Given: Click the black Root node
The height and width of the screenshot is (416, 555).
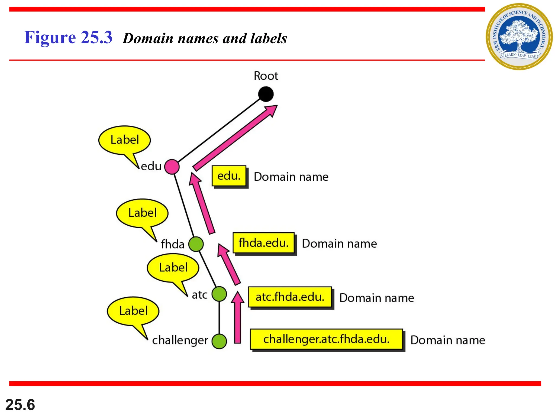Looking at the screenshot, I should click(266, 94).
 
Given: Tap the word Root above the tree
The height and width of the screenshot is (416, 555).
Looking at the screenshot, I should click(266, 76).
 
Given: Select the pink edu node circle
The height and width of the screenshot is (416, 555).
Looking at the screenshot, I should click(172, 167).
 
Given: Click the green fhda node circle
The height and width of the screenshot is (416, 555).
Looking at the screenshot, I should click(196, 244).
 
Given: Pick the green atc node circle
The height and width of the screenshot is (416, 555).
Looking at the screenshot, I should click(219, 294).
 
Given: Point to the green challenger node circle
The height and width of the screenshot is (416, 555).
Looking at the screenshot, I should click(219, 341).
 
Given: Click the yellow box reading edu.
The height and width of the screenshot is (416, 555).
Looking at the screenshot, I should click(229, 176).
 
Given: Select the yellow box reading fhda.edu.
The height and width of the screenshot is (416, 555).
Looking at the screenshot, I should click(263, 243).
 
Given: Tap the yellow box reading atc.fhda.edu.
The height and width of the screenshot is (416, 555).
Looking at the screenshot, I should click(290, 297).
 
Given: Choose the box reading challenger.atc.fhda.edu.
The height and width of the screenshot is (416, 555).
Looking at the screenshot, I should click(326, 339).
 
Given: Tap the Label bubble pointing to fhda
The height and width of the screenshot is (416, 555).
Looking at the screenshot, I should click(142, 213).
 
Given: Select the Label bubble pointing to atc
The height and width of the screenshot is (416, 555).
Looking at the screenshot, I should click(173, 268).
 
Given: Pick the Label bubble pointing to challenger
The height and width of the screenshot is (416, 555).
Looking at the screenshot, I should click(133, 311).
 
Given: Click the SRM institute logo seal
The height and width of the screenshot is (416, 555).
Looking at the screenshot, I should click(519, 37).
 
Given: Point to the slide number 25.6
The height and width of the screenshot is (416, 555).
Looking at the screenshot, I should click(20, 405).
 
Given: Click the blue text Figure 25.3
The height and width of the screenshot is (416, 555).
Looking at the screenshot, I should click(68, 37).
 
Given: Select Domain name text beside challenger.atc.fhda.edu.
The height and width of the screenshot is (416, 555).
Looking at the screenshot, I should click(448, 340).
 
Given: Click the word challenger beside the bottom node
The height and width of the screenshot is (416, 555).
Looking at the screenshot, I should click(180, 340).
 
